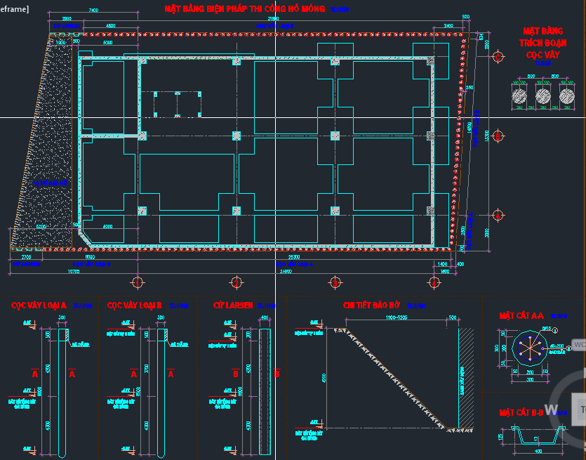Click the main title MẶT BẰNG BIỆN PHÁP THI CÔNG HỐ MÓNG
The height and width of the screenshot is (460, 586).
point(244,9)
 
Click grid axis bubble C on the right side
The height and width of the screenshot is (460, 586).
point(498,56)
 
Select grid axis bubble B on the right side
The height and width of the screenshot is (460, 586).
point(498,135)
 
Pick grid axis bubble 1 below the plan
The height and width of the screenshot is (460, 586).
point(138,282)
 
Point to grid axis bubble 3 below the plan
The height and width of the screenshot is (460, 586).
point(335,282)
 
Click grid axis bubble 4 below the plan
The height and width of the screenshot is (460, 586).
point(434,282)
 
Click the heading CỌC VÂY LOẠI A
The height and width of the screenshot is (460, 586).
point(39,305)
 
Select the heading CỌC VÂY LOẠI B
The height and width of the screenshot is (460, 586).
point(135,305)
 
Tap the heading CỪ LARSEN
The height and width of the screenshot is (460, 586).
point(233,305)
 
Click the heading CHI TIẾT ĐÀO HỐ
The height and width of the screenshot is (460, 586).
point(371,305)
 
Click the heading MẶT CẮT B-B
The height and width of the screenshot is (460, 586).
point(521,412)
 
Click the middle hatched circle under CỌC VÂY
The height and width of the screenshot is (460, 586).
point(543,96)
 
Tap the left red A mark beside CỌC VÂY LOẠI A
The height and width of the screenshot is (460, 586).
point(34,374)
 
